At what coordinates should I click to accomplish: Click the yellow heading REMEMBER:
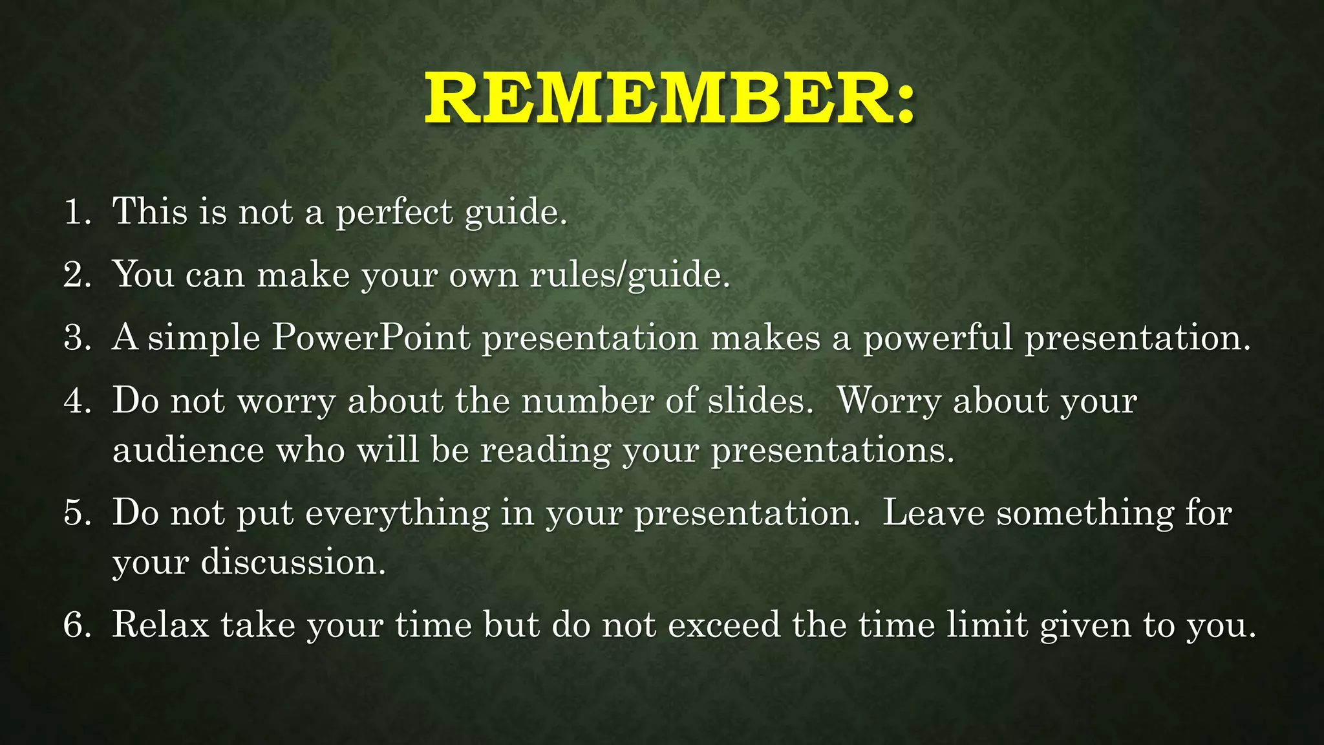coord(670,99)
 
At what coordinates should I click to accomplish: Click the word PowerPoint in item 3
coord(370,338)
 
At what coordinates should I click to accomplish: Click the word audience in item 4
coord(188,450)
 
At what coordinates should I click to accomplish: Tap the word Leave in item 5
coord(933,513)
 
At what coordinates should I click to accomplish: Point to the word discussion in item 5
coord(292,562)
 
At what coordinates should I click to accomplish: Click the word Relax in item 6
coord(160,625)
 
